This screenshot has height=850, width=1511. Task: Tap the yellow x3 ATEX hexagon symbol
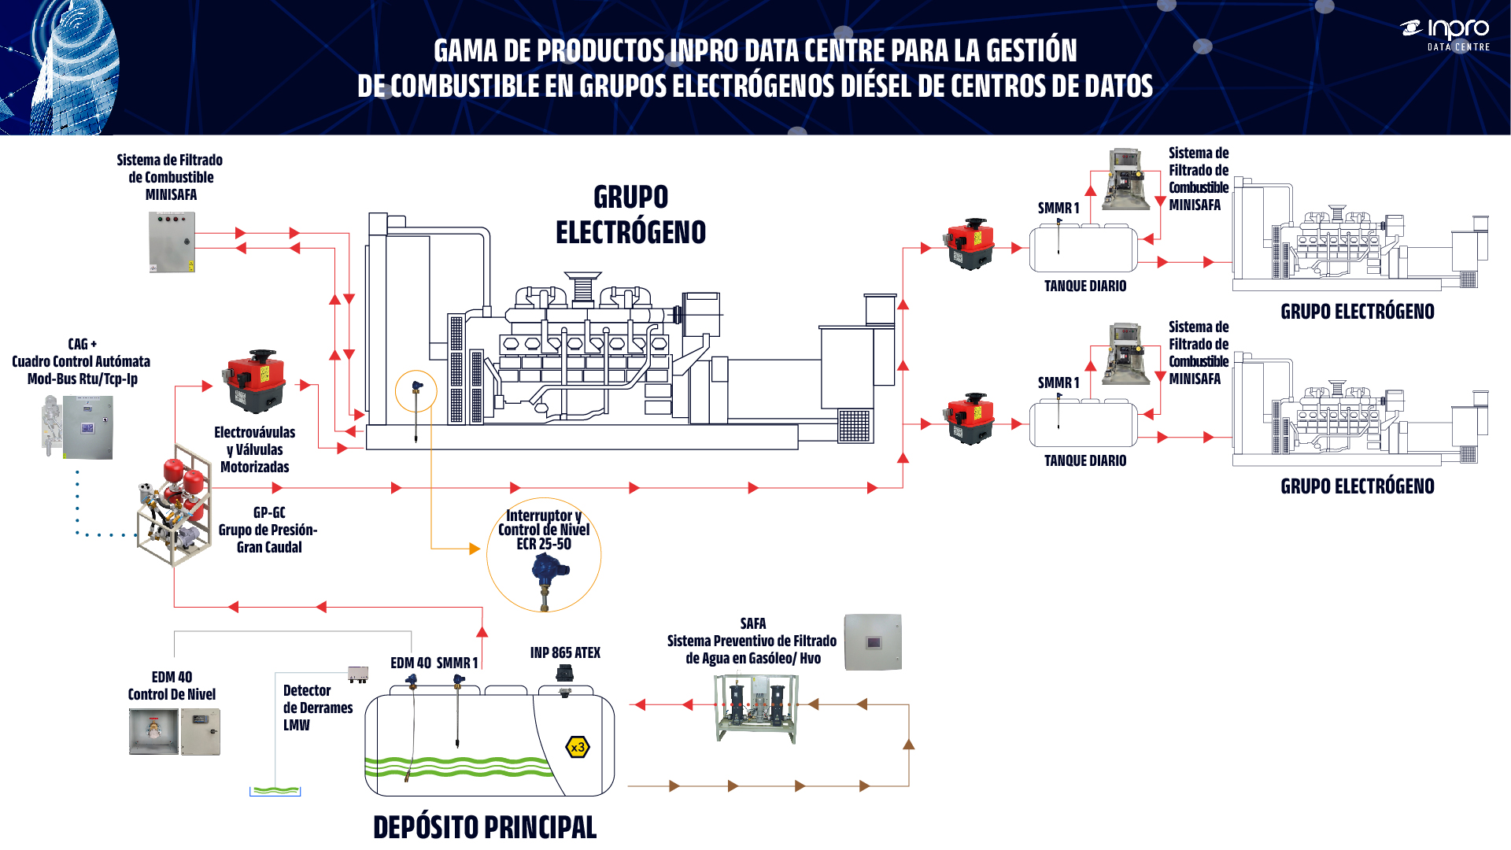pos(578,747)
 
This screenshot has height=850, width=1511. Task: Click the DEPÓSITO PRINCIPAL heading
pos(485,827)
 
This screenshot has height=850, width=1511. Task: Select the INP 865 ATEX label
pos(565,652)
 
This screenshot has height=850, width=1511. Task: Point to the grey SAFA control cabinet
pos(873,642)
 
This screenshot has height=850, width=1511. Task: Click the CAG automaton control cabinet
pos(87,427)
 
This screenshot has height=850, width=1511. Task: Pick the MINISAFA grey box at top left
pos(172,242)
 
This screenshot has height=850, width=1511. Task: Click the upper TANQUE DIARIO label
pos(1084,286)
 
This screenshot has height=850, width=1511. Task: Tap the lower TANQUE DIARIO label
pos(1084,460)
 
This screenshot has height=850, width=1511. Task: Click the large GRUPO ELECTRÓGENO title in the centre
pos(630,215)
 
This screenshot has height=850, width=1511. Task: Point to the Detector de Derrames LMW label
pos(317,708)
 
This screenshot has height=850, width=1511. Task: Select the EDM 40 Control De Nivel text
pos(172,686)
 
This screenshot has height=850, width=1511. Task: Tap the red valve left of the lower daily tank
pos(970,419)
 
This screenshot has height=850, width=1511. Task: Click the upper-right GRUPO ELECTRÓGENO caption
pos(1357,312)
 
